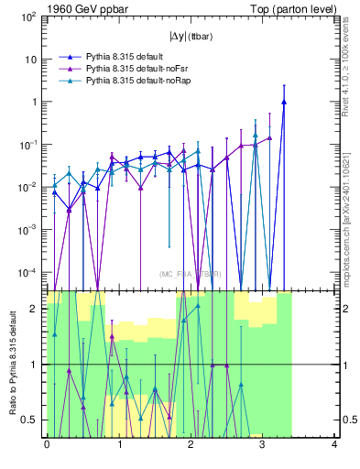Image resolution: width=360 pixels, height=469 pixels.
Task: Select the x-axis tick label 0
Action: (x=47, y=446)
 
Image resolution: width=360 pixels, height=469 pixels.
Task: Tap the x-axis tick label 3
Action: (x=263, y=446)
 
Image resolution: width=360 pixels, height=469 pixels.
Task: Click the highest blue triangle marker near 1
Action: (x=284, y=103)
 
